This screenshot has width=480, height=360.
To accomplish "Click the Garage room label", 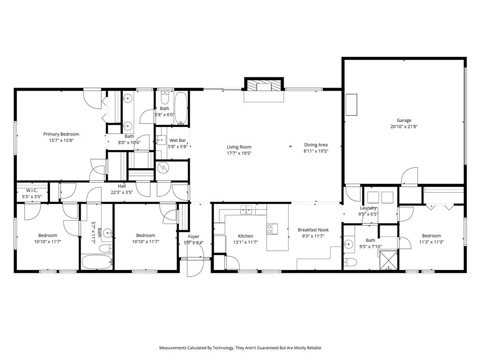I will click(x=404, y=120).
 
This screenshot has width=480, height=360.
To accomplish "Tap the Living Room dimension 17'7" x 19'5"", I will click(x=239, y=153).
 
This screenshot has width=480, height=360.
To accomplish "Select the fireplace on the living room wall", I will click(x=263, y=87).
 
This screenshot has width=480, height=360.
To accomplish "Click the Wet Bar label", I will click(x=178, y=140).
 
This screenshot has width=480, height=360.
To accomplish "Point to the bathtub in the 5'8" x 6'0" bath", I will click(x=181, y=108).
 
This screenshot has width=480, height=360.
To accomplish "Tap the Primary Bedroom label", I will click(x=61, y=134).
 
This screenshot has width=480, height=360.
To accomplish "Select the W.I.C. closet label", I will click(x=32, y=190).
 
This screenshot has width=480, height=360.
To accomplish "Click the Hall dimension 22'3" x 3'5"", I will click(x=122, y=192).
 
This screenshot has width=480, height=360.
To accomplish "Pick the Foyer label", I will click(x=194, y=237).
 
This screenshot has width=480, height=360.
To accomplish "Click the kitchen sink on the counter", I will click(x=247, y=210).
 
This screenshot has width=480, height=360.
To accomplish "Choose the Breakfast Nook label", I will click(x=313, y=230).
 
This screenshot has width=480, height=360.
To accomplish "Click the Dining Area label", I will click(x=316, y=145).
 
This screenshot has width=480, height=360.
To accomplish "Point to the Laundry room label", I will click(x=369, y=208).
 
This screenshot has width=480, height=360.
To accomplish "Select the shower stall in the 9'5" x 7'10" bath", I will click(x=388, y=260).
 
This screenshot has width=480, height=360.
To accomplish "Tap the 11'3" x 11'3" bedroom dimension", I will click(x=431, y=242).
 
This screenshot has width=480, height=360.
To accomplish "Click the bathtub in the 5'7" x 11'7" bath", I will click(x=96, y=262).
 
